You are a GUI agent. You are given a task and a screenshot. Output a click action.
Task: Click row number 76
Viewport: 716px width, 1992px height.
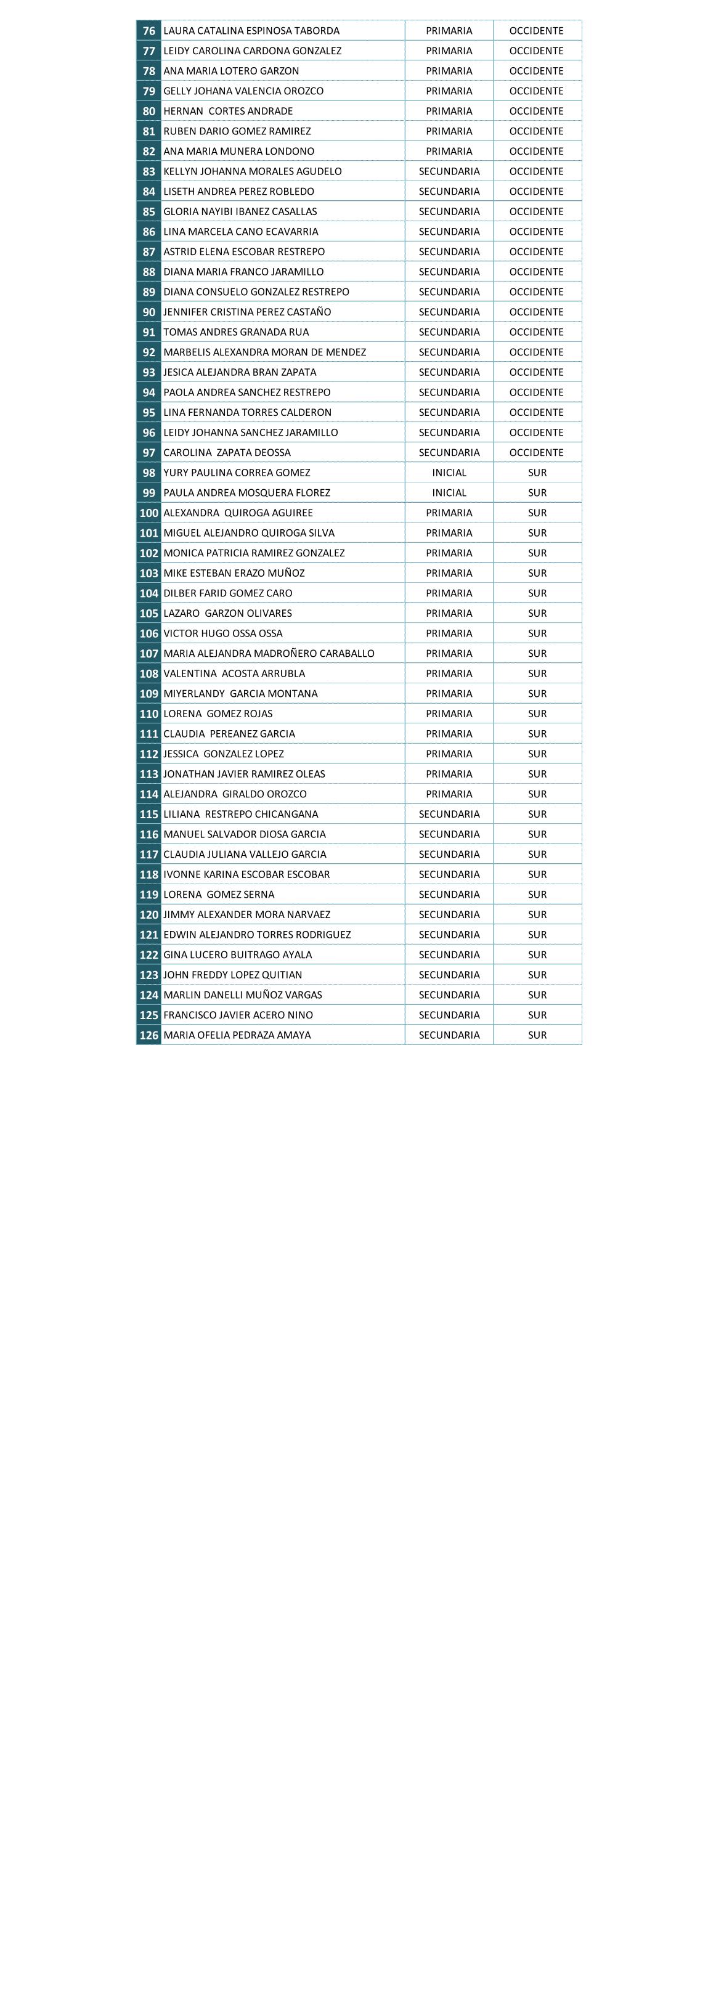[148, 31]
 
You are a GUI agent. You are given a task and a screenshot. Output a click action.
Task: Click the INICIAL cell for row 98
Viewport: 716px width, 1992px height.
[449, 473]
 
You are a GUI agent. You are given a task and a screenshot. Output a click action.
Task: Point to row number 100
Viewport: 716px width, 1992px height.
[148, 513]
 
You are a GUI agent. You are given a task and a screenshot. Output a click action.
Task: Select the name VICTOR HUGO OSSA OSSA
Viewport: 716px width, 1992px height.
[222, 634]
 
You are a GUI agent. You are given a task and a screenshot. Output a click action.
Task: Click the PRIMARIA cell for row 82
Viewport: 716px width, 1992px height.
[449, 152]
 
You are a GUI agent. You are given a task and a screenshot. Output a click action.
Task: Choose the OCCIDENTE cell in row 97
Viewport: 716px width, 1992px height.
[537, 453]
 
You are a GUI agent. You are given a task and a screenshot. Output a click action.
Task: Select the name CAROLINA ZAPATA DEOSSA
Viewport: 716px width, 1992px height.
[227, 453]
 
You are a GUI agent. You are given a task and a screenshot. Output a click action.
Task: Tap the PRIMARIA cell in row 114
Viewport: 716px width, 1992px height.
[449, 794]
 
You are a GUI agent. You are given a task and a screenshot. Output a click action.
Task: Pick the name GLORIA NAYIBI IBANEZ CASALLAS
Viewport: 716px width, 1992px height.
[240, 212]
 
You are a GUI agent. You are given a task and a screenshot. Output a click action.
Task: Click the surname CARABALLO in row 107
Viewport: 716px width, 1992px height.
[346, 654]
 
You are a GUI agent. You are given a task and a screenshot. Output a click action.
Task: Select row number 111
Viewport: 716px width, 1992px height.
[148, 734]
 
